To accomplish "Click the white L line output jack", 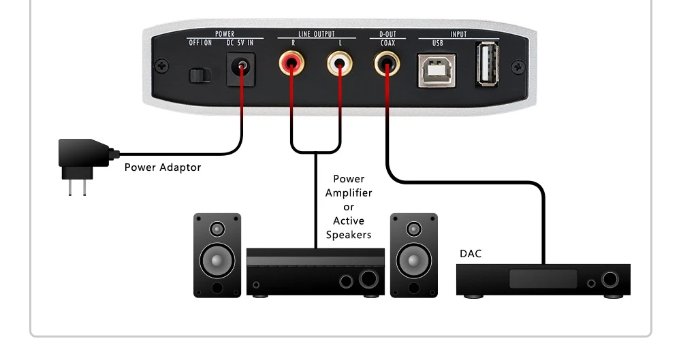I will tap(339, 66).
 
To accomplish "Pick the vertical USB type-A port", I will tap(488, 64).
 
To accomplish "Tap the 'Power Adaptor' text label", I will tap(163, 167).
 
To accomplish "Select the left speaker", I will tap(217, 255).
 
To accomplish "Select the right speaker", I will tap(414, 255).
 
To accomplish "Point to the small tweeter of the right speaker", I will tap(414, 227).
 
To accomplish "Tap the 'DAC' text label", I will tap(470, 254).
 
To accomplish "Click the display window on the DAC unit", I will tap(543, 278).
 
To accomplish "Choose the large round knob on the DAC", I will tap(610, 280).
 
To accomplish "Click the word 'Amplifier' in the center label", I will tap(349, 193).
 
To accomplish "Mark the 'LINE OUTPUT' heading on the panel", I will tap(317, 34).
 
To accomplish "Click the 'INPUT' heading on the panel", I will tap(458, 34).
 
